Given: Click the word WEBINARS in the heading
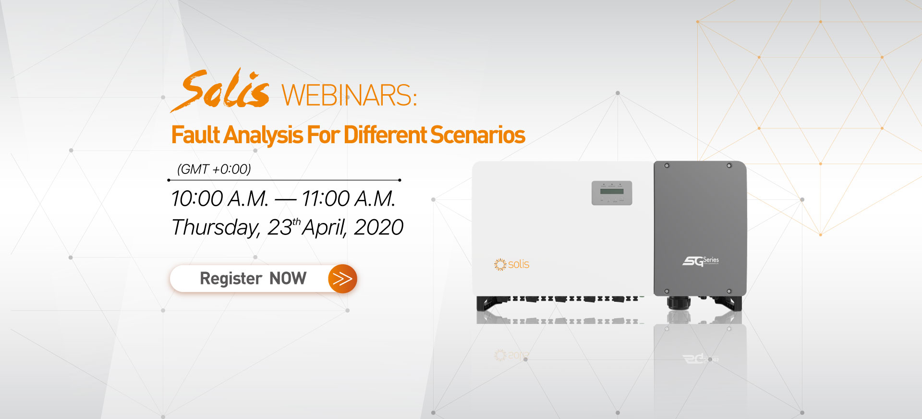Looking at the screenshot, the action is (349, 95).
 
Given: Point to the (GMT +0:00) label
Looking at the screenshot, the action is (214, 169).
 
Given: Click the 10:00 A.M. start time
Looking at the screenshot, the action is (220, 198).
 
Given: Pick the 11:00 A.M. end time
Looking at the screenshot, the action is (349, 198).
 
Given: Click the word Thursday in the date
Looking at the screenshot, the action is (216, 227).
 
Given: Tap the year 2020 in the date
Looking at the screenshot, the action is (378, 227).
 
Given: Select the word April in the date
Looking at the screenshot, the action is (325, 227).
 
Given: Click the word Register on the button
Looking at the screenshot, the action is (231, 278).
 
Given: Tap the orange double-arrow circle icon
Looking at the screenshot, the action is (342, 279).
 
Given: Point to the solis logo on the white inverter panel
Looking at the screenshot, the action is (511, 264).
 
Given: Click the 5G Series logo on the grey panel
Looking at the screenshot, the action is (701, 261).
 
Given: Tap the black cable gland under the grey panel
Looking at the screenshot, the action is (679, 303).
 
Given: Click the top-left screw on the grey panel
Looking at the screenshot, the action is (667, 166).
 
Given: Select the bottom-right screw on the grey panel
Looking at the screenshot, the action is (729, 291).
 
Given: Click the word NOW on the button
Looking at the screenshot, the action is (288, 278).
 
